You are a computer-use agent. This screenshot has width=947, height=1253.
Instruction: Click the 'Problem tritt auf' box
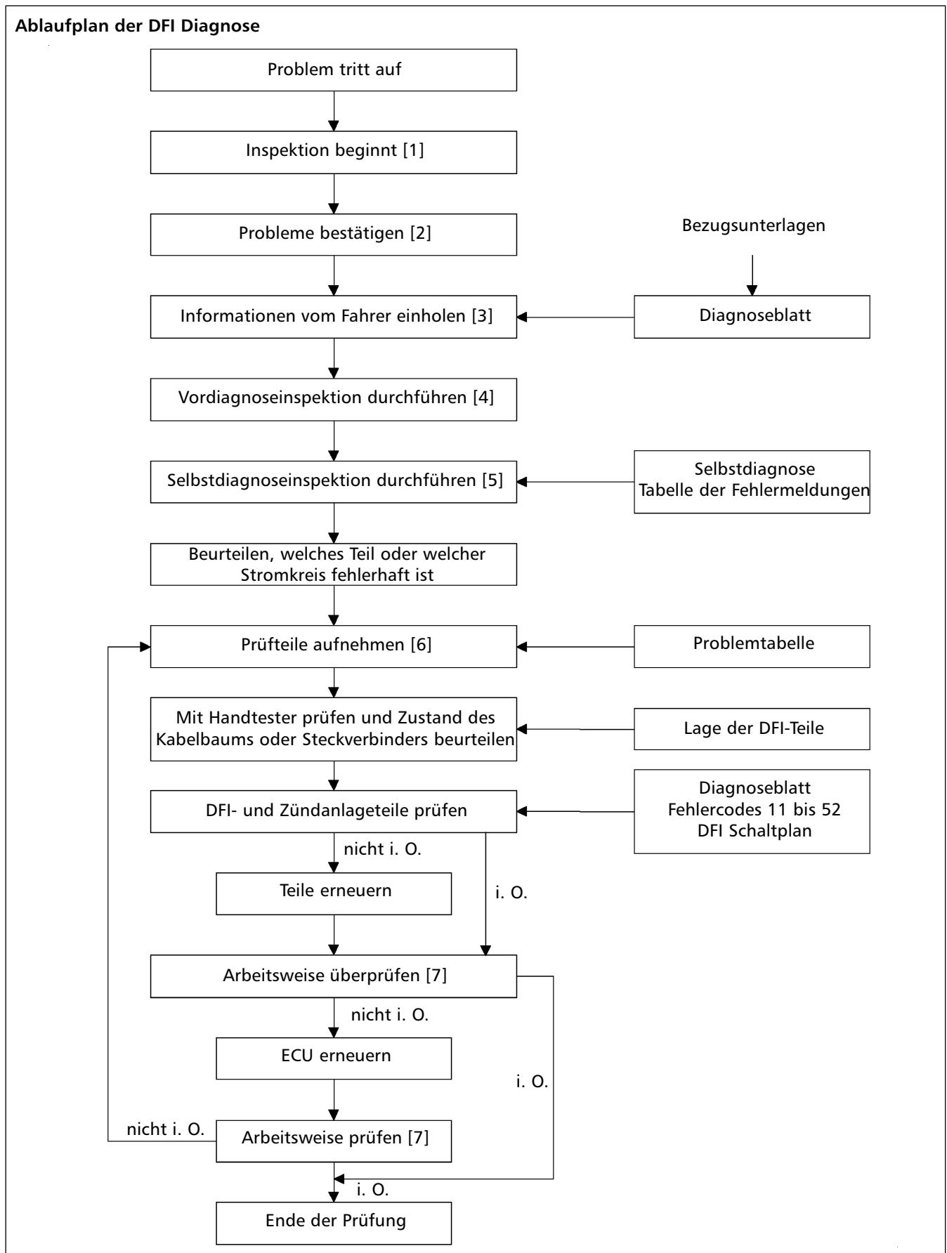(x=334, y=70)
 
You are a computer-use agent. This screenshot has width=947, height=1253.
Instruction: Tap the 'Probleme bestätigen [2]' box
(x=334, y=234)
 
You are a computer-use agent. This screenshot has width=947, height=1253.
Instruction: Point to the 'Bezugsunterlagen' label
(x=752, y=226)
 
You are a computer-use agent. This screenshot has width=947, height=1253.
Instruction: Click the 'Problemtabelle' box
(x=752, y=646)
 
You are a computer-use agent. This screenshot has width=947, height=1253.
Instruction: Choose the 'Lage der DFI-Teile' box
(x=752, y=728)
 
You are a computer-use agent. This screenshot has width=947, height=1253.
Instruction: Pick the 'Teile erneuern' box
(x=334, y=893)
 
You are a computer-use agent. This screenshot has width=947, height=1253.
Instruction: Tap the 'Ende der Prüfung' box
(x=334, y=1224)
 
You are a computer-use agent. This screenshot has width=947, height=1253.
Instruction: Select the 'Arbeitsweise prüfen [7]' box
(x=334, y=1141)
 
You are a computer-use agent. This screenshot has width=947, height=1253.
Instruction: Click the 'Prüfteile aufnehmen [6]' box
(x=334, y=646)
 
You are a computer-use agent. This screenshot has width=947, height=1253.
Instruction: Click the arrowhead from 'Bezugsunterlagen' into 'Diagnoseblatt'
(x=752, y=289)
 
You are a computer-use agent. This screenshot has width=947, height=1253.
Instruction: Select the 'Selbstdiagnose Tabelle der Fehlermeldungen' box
(x=752, y=482)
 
